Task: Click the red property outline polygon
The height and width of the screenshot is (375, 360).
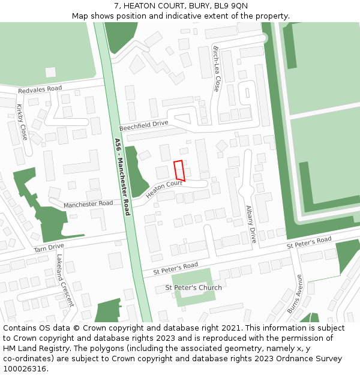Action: click(x=179, y=170)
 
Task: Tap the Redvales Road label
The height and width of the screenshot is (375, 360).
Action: click(x=40, y=89)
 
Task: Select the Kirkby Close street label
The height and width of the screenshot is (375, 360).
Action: click(x=22, y=122)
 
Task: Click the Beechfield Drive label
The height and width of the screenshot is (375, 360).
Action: click(x=143, y=125)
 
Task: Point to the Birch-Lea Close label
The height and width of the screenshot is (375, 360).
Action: click(x=217, y=68)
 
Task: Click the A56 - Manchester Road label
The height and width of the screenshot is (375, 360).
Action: click(x=122, y=177)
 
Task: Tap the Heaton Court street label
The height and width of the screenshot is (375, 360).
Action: click(x=164, y=189)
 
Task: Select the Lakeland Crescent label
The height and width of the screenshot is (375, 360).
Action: click(x=64, y=280)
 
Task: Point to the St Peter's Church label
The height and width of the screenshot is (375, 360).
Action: click(x=193, y=287)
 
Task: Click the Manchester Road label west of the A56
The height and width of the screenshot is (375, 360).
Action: click(x=88, y=204)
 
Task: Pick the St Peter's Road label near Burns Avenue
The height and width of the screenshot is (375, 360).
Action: click(x=308, y=242)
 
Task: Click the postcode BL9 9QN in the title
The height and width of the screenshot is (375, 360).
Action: click(x=230, y=6)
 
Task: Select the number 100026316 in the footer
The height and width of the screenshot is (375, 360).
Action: click(x=25, y=369)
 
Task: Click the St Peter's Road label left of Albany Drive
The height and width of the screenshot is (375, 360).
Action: click(x=175, y=268)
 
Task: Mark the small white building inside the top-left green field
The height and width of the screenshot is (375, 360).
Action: click(x=50, y=72)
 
